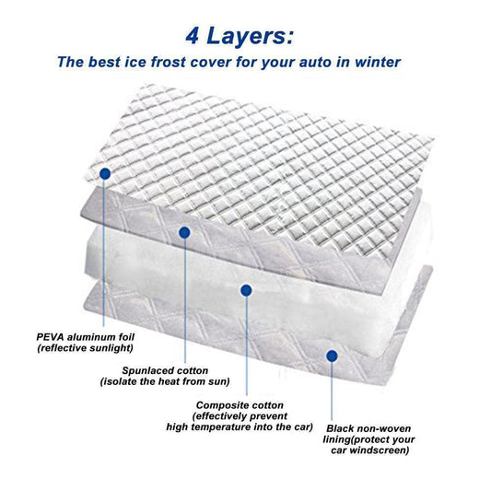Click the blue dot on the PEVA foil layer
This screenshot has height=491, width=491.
tap(105, 173)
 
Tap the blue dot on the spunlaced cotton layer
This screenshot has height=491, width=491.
tap(184, 233)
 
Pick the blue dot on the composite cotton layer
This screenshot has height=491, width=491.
tap(246, 290)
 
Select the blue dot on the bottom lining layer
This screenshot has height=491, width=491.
tap(332, 355)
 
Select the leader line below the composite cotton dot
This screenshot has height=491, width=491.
tap(246, 345)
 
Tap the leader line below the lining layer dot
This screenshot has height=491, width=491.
tap(332, 387)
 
